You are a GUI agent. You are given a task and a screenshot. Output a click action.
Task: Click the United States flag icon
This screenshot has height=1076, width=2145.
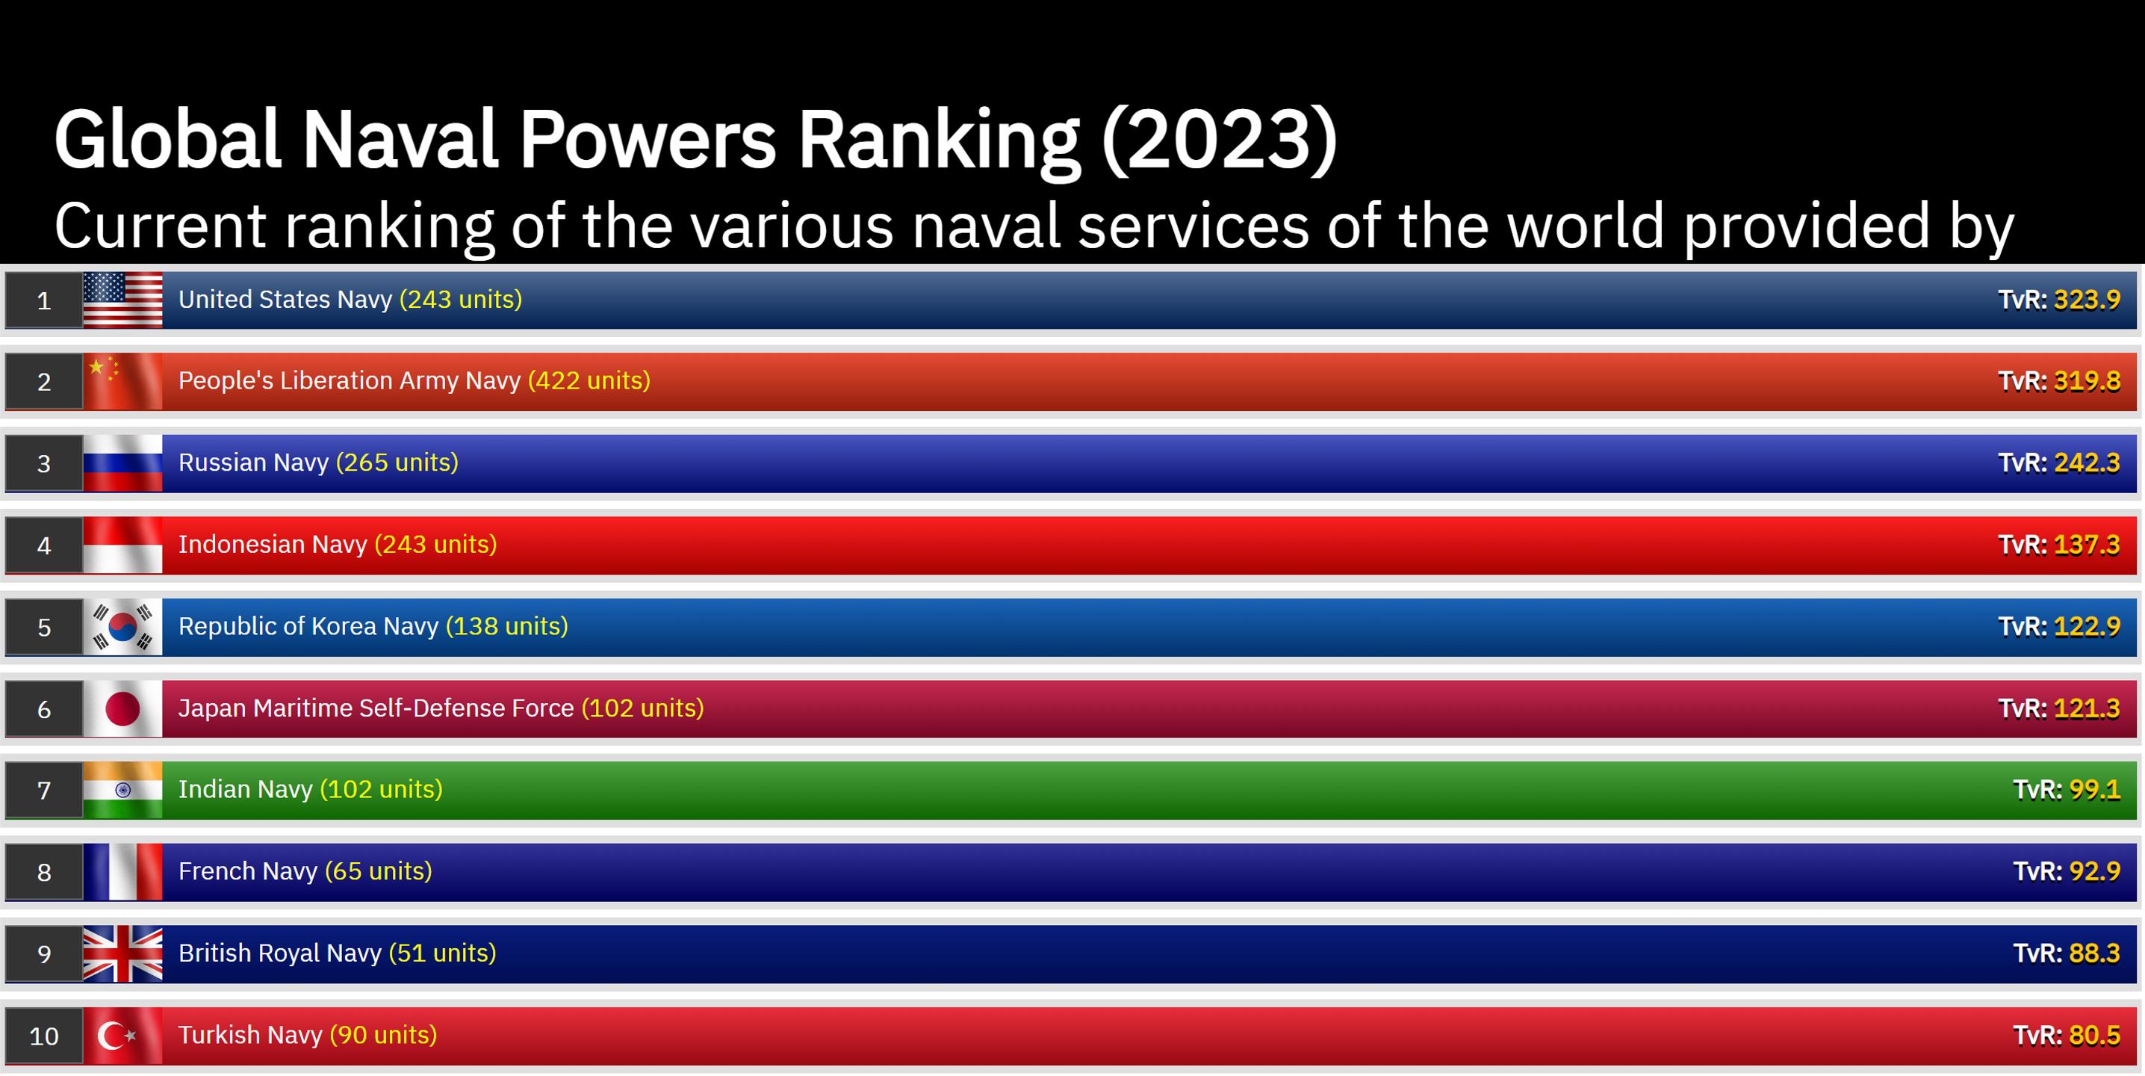point(122,300)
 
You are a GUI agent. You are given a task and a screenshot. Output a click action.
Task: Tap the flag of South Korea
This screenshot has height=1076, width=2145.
point(122,626)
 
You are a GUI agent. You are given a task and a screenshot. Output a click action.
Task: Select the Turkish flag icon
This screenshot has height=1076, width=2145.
point(122,1035)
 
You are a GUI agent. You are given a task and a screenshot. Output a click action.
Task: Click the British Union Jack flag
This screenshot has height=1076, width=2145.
point(122,953)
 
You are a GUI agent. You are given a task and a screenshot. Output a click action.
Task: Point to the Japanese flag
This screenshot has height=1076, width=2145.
point(122,708)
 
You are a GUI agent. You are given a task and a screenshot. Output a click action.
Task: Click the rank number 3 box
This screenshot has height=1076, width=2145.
point(44,463)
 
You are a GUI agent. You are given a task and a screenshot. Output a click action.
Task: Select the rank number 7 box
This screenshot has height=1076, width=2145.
point(44,791)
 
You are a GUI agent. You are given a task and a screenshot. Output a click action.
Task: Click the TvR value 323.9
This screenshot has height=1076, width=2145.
point(2087,300)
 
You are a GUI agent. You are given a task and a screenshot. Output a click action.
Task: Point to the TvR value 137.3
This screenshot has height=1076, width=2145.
point(2087,545)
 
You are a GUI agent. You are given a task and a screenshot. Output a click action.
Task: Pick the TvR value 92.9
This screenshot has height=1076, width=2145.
point(2094,871)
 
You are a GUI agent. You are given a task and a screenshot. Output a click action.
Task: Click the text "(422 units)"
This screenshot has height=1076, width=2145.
point(589,380)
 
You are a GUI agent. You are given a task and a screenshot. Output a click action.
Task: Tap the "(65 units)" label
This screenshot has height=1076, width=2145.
point(378,871)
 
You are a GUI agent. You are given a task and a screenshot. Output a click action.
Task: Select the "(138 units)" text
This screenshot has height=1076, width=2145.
point(506,626)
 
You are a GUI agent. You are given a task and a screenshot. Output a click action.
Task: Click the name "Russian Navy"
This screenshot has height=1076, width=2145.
point(253,463)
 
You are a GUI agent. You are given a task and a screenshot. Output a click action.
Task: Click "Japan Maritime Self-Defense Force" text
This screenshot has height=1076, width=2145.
point(376,708)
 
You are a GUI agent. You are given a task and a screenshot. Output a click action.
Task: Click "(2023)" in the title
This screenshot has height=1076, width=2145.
point(1219,140)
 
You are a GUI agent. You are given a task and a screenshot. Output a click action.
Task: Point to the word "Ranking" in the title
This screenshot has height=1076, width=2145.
point(938,140)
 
